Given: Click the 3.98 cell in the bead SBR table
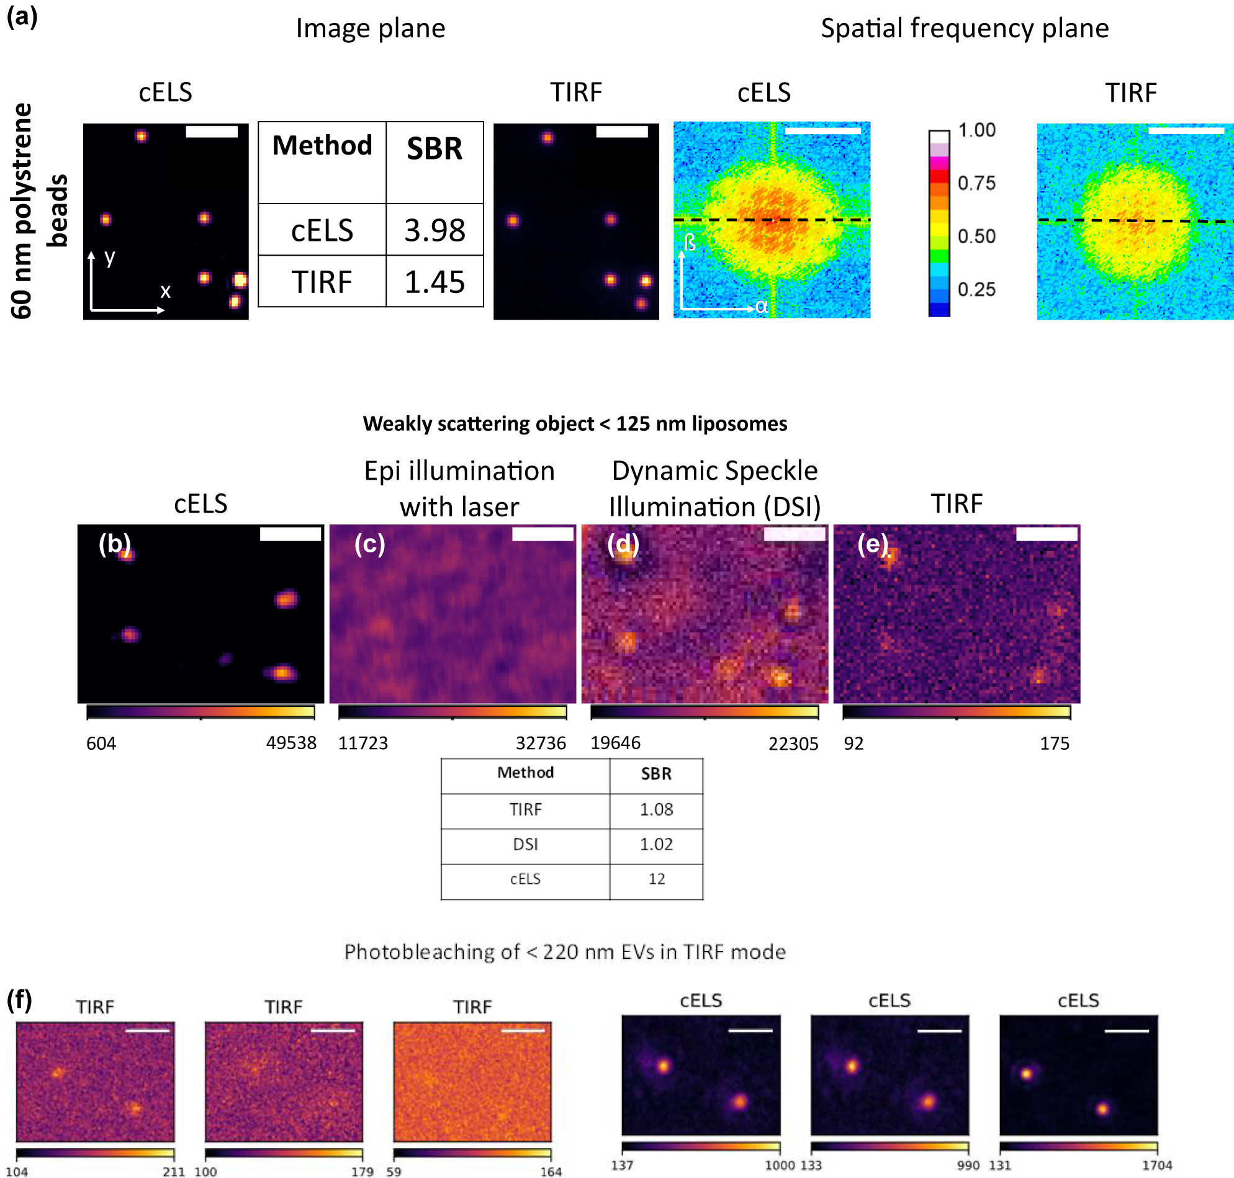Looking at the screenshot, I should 435,230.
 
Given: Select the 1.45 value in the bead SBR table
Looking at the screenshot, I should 435,282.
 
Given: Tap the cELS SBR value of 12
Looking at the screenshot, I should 656,879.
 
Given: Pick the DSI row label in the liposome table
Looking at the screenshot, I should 525,844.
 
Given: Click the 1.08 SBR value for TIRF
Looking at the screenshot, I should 656,809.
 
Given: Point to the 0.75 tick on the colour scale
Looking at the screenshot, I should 976,183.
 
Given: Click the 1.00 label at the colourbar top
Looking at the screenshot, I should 976,130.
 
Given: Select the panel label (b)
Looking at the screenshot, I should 114,544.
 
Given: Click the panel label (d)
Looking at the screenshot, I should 623,544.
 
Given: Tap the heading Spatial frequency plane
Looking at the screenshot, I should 965,29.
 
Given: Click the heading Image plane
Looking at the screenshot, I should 371,29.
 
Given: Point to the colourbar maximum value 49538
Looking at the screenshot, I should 291,743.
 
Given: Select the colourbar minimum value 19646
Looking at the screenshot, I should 615,743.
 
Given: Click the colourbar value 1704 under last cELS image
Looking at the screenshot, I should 1157,1166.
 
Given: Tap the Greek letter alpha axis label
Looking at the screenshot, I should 761,307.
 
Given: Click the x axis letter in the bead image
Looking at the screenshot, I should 165,291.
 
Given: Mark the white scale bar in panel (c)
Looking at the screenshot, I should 543,534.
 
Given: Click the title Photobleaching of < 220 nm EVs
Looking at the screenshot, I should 565,952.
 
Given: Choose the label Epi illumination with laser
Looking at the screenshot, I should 459,488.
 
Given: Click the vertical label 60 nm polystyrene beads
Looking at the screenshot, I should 38,211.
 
